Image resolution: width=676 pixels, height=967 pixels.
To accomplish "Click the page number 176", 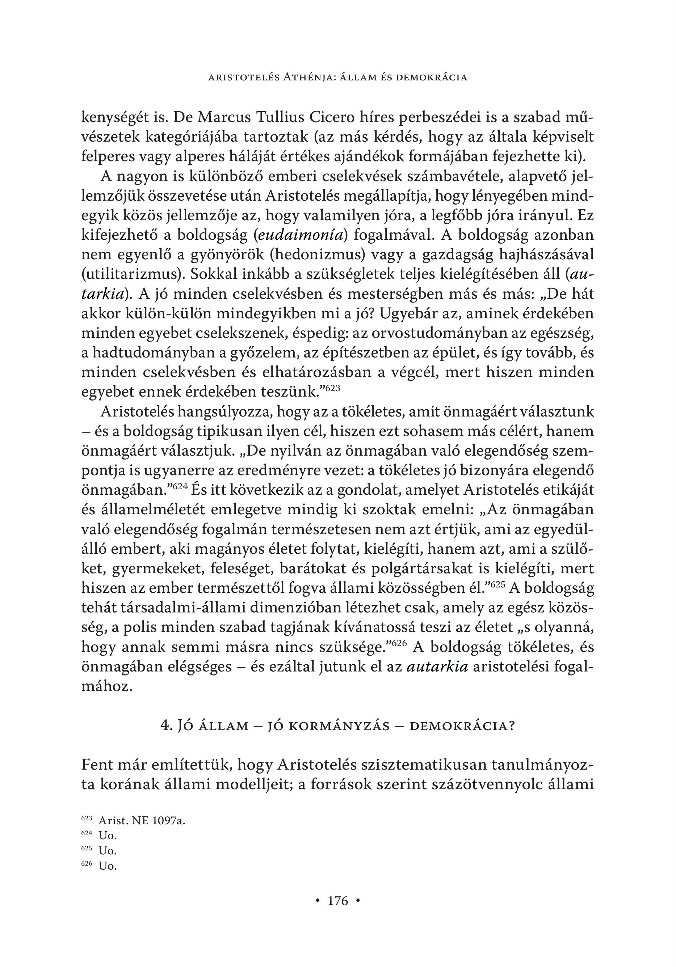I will (338, 901).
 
